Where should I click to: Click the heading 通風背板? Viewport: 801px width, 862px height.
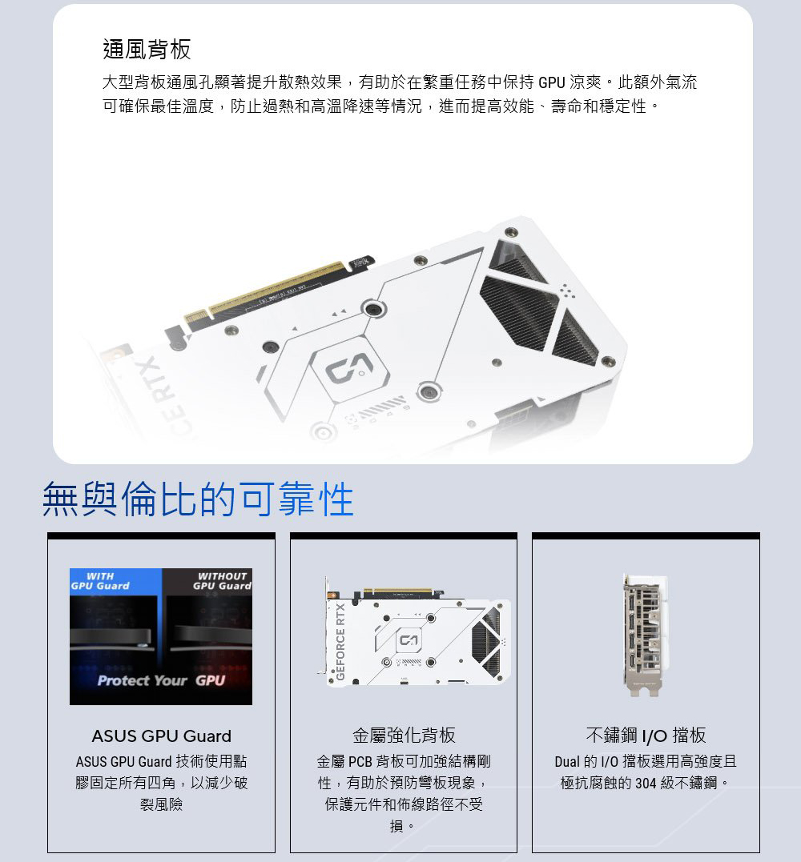(x=147, y=49)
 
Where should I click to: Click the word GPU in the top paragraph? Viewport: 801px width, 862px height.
(x=552, y=82)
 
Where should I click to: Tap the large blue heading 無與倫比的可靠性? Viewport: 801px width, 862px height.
(x=198, y=499)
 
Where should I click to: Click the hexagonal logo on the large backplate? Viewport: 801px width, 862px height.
(x=350, y=367)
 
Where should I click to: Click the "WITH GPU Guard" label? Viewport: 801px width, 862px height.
(x=100, y=581)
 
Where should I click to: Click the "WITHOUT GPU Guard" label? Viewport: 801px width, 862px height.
(x=222, y=581)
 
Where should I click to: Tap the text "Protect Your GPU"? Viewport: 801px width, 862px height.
(x=161, y=680)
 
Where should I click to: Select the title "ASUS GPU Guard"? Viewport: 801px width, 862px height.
(x=161, y=736)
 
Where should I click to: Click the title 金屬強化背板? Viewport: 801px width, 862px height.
(x=404, y=735)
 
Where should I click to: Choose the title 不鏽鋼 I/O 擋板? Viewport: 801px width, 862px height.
(x=646, y=735)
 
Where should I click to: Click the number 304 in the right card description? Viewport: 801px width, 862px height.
(x=646, y=783)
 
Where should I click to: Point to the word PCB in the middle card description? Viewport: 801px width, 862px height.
(x=360, y=761)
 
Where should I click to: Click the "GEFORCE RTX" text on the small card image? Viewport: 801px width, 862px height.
(x=340, y=642)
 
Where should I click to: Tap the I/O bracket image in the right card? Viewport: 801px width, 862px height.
(x=646, y=635)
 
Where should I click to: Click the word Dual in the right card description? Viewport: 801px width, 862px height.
(x=566, y=761)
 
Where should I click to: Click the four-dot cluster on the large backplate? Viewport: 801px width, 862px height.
(x=568, y=291)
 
